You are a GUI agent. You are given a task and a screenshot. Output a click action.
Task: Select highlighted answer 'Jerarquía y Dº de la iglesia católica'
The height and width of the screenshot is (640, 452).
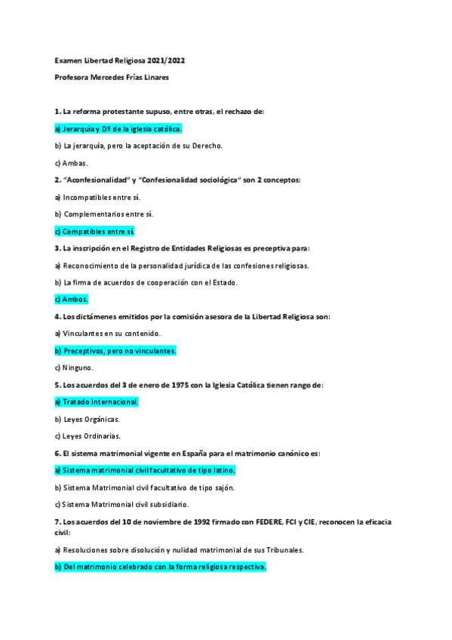click(118, 128)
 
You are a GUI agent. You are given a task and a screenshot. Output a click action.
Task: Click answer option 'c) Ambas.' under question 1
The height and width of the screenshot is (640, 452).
click(72, 162)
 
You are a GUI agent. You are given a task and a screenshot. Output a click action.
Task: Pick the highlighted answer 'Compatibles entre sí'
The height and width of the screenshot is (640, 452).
click(94, 231)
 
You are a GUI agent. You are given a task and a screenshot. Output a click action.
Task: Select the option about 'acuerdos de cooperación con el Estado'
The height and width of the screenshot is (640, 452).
click(146, 282)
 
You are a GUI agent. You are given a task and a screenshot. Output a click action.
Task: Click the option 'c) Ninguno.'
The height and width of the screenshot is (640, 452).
click(74, 368)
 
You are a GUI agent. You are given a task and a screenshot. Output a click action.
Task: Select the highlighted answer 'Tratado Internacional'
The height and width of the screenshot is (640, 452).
click(97, 402)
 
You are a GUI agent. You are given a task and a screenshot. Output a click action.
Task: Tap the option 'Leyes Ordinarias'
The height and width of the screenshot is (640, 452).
click(88, 436)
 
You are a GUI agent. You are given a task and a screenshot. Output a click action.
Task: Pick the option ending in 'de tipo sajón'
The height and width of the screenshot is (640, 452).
click(144, 488)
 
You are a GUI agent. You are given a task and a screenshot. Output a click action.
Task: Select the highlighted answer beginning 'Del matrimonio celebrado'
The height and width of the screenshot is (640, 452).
click(160, 566)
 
